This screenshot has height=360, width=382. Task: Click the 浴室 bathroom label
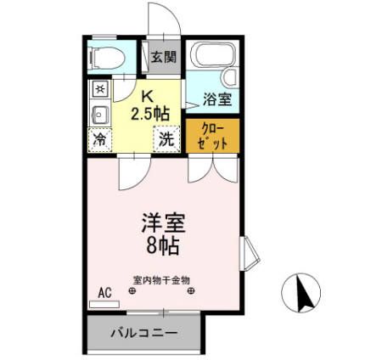pos(216,99)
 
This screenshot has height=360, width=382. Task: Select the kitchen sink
pos(99,114)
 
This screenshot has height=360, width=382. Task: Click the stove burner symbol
pos(99,88)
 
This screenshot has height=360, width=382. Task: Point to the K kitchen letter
pos(148,96)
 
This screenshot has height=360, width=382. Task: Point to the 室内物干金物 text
pos(161,279)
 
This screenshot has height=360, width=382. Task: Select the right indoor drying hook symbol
pos(193,293)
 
